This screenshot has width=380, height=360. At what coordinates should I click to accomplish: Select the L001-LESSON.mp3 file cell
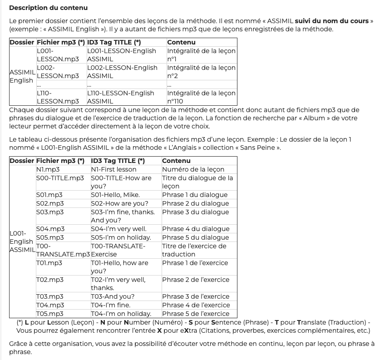tap(57, 55)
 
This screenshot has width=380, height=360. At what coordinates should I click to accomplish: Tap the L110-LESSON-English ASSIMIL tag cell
tap(120, 97)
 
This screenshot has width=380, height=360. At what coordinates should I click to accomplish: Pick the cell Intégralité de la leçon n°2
tap(201, 72)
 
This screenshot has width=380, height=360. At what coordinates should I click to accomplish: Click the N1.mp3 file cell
tap(48, 169)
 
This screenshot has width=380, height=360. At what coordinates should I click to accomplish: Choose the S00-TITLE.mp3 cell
tap(60, 178)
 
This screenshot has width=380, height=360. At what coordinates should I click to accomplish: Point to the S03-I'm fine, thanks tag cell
tap(123, 216)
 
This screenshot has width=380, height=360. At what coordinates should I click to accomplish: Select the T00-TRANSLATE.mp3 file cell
tap(63, 250)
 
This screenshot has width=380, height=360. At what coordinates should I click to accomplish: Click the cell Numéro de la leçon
tap(193, 169)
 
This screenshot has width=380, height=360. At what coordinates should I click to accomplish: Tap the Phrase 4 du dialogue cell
tap(195, 229)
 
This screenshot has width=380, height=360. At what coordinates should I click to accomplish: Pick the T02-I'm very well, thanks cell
tap(118, 284)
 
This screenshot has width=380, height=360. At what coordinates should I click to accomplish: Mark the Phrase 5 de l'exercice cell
tap(196, 314)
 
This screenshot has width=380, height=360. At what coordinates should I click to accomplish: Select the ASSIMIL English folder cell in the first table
tap(22, 76)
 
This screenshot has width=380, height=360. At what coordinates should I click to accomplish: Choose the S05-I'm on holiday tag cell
tap(121, 237)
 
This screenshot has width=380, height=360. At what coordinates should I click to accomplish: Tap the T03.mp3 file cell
tap(50, 296)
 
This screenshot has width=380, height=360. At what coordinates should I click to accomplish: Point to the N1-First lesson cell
tap(114, 169)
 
